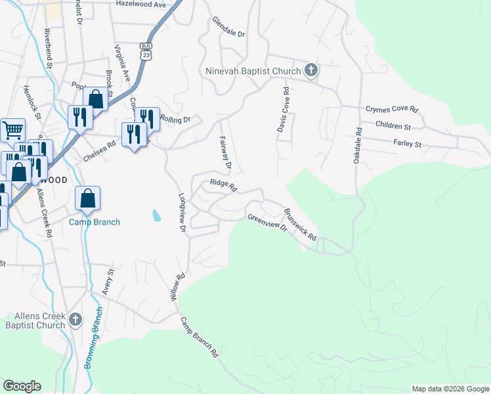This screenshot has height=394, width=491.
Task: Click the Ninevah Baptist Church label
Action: coord(253,70)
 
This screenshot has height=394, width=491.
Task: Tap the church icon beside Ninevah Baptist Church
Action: coord(311,70)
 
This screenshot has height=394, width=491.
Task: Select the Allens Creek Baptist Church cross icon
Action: coord(75,319)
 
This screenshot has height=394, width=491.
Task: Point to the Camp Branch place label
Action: coord(95,222)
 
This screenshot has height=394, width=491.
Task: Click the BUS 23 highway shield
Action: coord(146,51)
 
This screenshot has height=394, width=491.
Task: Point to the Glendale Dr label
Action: coord(228,27)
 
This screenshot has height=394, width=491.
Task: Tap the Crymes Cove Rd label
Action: coord(392,110)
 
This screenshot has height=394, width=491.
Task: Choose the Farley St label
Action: coord(407,142)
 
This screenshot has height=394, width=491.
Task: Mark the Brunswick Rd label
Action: coord(300,224)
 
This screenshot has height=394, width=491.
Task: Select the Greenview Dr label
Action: coord(267,222)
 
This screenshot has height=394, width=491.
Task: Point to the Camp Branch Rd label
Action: coord(200,336)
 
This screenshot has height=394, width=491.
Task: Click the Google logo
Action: coord(22,386)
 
